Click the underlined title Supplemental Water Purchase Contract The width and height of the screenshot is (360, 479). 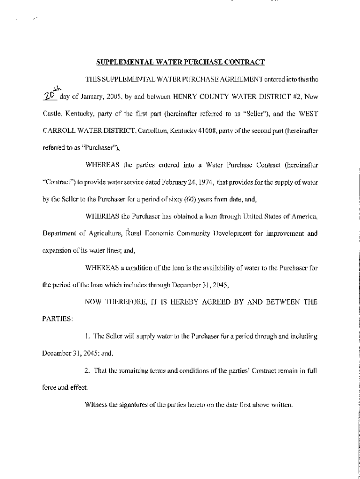tap(180, 62)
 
